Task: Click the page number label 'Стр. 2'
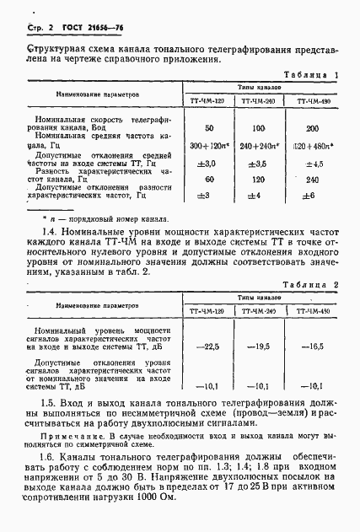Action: [x=30, y=28]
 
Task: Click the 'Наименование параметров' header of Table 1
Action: [x=99, y=94]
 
